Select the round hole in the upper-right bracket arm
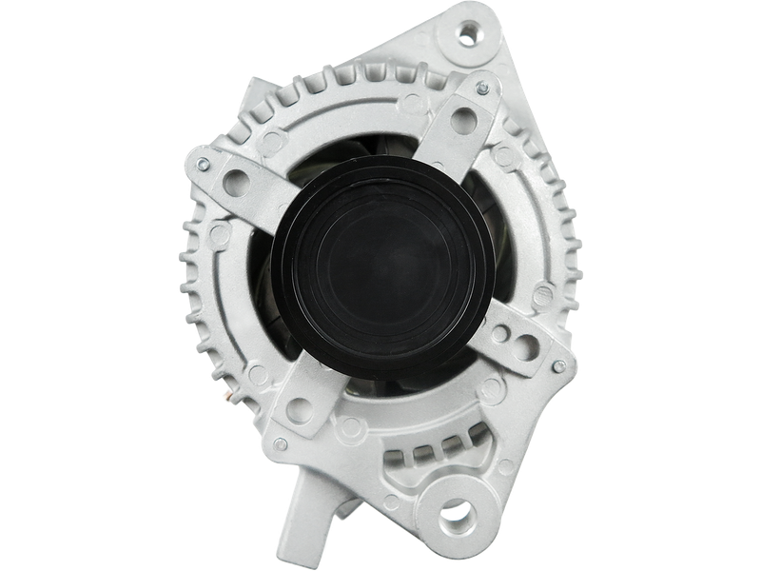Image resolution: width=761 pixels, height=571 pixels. [x=464, y=120]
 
